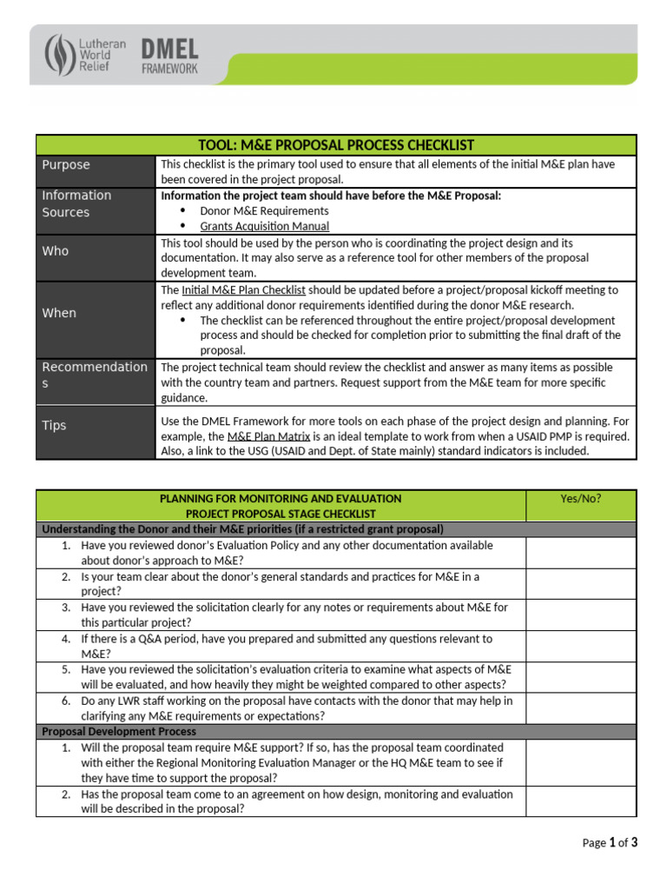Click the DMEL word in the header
coord(169,49)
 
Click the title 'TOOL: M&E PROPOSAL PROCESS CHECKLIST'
coord(336,145)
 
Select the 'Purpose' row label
coord(66,165)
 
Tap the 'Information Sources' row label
coord(76,203)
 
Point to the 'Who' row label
coord(55,250)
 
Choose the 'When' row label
coord(59,313)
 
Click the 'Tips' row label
coord(54,425)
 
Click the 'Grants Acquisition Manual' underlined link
coord(264,226)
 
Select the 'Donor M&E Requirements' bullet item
coord(264,210)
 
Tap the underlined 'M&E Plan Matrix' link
coord(268,436)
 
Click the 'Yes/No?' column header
coord(580,498)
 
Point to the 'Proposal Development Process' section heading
coord(107,732)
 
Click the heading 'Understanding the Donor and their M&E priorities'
coord(242,528)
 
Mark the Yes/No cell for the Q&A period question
coord(580,646)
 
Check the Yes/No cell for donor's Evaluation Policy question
coord(580,553)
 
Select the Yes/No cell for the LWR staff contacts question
coord(580,708)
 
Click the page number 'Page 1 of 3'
coord(609,842)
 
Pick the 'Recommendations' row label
coord(95,375)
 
